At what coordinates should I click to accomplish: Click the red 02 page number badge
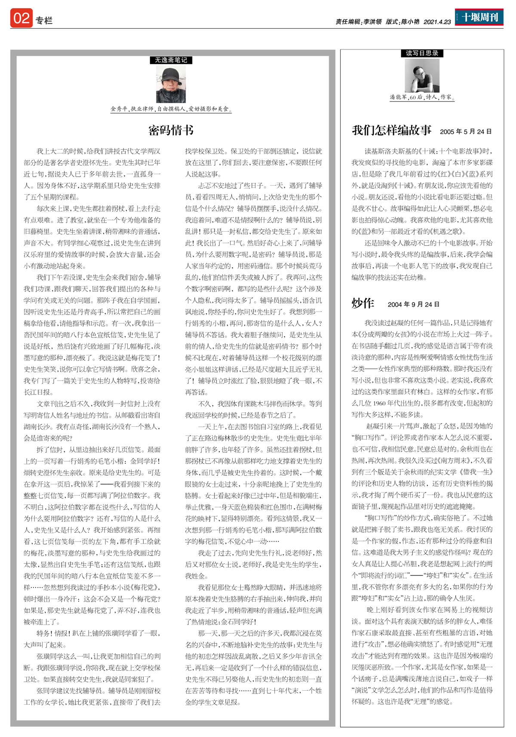[21, 18]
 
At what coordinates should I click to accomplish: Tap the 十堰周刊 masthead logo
[479, 17]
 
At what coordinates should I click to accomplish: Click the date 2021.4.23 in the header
[437, 22]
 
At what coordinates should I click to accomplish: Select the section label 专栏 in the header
[44, 21]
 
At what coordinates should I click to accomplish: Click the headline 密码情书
[171, 130]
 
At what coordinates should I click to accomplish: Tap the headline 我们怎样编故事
[391, 130]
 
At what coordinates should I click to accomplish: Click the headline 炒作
[363, 303]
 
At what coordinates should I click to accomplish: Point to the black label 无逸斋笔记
[171, 60]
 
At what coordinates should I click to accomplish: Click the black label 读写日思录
[422, 53]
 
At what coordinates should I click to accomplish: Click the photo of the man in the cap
[171, 84]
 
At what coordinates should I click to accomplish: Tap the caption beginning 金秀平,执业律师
[171, 109]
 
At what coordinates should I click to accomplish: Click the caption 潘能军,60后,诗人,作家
[422, 97]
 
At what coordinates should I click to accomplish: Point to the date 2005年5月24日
[466, 131]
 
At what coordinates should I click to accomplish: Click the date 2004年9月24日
[413, 305]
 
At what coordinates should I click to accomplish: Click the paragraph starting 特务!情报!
[92, 639]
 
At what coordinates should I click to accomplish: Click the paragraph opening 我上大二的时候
[92, 174]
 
